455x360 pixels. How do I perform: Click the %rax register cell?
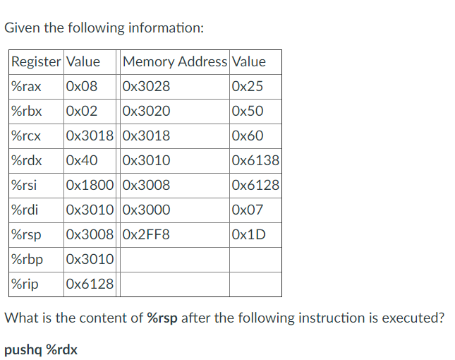point(26,87)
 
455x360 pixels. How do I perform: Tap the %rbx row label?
point(27,112)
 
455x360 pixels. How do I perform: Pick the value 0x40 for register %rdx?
point(80,161)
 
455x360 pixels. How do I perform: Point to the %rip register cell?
point(25,284)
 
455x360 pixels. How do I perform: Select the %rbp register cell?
point(27,260)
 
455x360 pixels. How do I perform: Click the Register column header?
point(36,62)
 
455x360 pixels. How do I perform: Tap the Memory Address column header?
point(174,62)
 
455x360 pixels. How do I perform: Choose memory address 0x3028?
point(146,87)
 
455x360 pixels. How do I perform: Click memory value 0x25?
point(247,87)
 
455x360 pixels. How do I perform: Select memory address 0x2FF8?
point(146,235)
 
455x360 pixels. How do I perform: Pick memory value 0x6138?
point(255,161)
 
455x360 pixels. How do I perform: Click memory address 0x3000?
point(146,210)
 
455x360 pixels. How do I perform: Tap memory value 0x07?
point(247,210)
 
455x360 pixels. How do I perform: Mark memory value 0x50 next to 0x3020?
point(247,112)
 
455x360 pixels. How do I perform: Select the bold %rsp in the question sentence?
point(162,318)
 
